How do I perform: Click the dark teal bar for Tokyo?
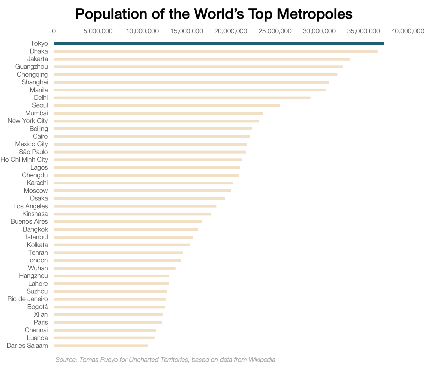pos(219,44)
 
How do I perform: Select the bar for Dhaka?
pos(216,51)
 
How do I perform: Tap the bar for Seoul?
pos(167,106)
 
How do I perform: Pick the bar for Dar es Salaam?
pos(101,346)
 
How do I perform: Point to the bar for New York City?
pos(156,121)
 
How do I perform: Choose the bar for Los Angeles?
pos(135,206)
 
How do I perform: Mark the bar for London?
pos(117,260)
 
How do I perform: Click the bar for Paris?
pos(108,322)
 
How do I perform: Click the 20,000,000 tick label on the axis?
pos(231,31)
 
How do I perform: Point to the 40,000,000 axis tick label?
pos(408,31)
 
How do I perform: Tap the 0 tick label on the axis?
pos(54,31)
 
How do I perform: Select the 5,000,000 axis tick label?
pos(98,31)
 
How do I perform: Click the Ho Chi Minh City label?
pos(24,160)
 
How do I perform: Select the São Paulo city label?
pos(33,152)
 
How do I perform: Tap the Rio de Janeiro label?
pos(28,299)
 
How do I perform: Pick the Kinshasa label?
pos(35,214)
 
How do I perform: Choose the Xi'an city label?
pos(41,314)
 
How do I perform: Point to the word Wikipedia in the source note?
pos(262,360)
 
